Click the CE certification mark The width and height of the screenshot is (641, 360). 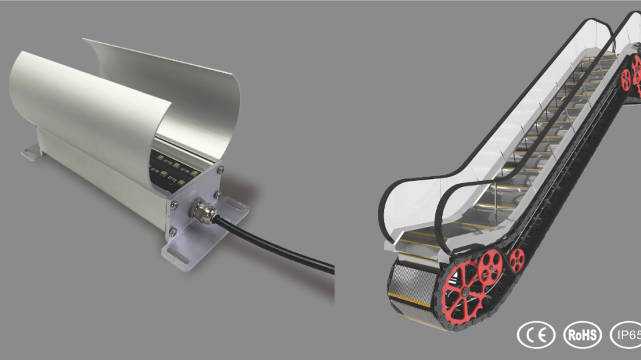tap(536, 335)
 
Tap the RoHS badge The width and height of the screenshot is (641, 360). tap(582, 335)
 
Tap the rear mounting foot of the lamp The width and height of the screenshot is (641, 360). tap(32, 152)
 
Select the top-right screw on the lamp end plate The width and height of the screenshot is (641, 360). tap(220, 169)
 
